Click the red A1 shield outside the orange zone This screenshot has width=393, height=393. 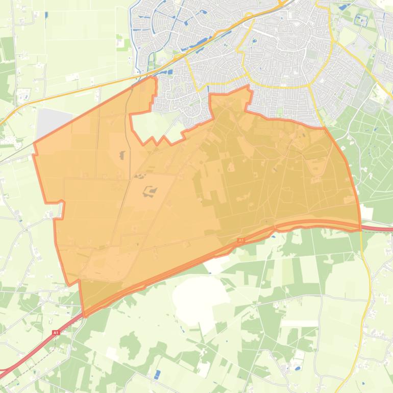pyautogui.click(x=56, y=333)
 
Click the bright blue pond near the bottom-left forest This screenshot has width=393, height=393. pyautogui.click(x=157, y=374)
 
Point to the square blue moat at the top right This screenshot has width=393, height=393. pyautogui.click(x=361, y=20)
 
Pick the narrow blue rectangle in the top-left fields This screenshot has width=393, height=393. pyautogui.click(x=46, y=15)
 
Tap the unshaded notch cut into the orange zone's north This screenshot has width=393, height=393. pyautogui.click(x=153, y=125)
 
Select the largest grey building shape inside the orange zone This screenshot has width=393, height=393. pyautogui.click(x=150, y=191)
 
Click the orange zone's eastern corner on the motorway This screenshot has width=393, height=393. pyautogui.click(x=360, y=228)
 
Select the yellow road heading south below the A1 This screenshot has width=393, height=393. pyautogui.click(x=366, y=286)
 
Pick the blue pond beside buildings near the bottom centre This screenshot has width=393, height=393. pyautogui.click(x=297, y=367)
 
